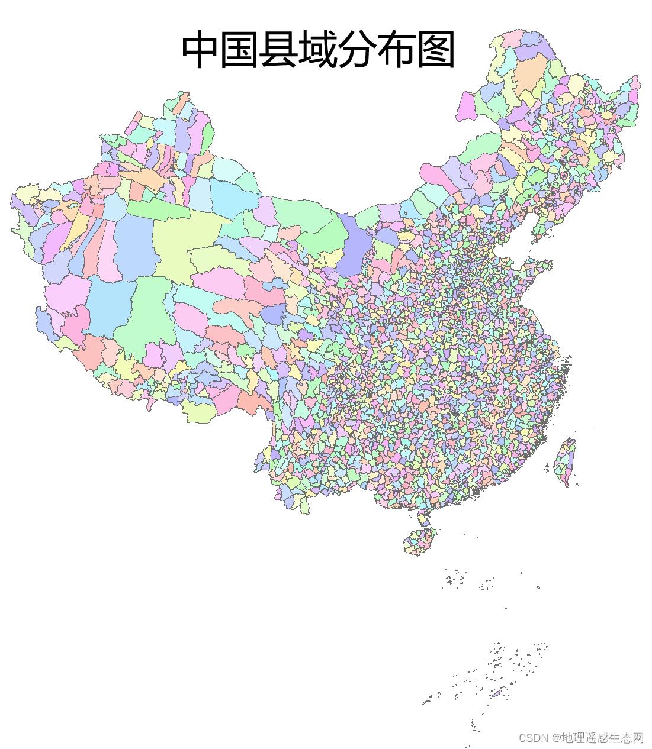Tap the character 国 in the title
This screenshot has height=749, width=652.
pos(239,50)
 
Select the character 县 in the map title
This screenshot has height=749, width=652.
pos(278,50)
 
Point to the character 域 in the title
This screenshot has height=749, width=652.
pos(318,50)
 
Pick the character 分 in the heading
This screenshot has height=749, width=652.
pos(357,50)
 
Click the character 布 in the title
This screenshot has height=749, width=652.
pos(396,50)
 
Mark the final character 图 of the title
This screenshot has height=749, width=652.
pos(435,50)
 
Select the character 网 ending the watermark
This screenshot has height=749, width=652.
pos(638,738)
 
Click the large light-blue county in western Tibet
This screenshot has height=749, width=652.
pos(110,302)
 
